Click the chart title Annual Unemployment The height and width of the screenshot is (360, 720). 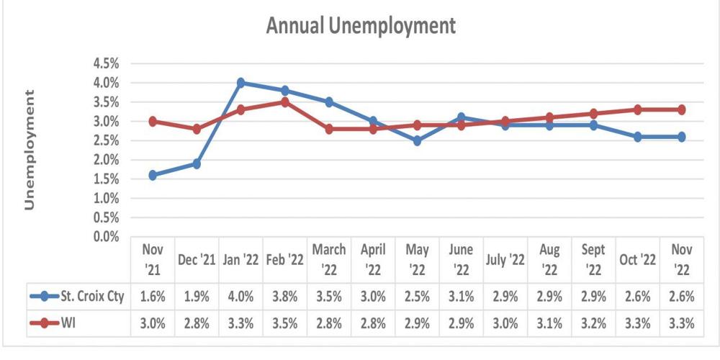(361, 26)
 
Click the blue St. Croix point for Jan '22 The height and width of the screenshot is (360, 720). (241, 83)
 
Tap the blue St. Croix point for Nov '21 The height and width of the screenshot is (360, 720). (153, 175)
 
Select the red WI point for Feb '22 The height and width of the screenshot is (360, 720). (285, 102)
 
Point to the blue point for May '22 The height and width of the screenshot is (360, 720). (417, 140)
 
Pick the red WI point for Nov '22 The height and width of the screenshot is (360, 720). (681, 109)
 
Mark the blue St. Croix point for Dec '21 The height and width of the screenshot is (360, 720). (197, 163)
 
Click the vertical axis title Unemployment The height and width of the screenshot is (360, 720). (30, 150)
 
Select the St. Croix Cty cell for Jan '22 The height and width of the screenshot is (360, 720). (241, 296)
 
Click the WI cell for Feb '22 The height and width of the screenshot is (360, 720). (285, 323)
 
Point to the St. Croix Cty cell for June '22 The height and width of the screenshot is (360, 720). (461, 296)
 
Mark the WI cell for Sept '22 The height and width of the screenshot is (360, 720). (593, 323)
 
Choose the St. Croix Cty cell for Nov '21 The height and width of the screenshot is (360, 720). (153, 296)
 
